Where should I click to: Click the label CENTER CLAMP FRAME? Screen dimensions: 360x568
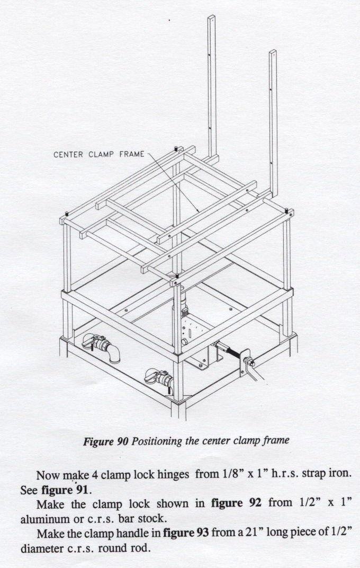click(x=99, y=154)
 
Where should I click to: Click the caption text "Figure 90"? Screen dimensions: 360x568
click(x=106, y=441)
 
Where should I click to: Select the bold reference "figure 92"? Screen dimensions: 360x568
click(x=236, y=503)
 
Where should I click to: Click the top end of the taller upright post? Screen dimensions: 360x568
click(x=211, y=16)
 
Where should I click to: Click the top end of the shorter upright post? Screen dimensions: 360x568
click(x=273, y=51)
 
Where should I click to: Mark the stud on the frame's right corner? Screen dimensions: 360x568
click(x=286, y=210)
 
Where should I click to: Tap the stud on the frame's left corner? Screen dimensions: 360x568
click(x=67, y=214)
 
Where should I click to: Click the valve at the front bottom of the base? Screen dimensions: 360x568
click(x=159, y=379)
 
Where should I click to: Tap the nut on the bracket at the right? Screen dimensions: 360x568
click(x=250, y=361)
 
